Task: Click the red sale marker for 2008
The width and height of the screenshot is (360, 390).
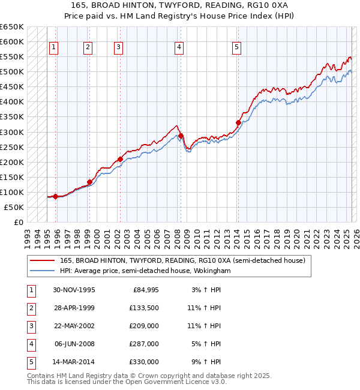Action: pyautogui.click(x=181, y=136)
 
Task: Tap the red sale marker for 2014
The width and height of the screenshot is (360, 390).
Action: pyautogui.click(x=238, y=122)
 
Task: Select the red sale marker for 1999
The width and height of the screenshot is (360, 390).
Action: pyautogui.click(x=89, y=182)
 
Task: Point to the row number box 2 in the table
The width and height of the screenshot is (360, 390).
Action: pyautogui.click(x=30, y=309)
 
